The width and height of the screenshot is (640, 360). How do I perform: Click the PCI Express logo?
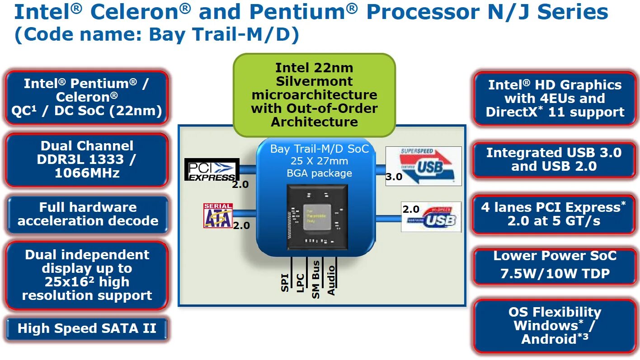click(x=211, y=170)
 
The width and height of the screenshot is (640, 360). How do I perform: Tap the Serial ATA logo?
click(x=218, y=215)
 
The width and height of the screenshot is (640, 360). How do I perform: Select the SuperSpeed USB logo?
click(x=424, y=166)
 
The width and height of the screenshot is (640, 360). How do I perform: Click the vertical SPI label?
click(x=285, y=282)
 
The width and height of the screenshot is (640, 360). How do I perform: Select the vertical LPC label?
click(x=301, y=283)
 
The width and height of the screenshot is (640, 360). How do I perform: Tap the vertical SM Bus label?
click(x=316, y=280)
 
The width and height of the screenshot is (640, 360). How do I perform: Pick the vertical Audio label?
click(x=331, y=281)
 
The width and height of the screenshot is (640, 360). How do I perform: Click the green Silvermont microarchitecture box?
click(x=314, y=95)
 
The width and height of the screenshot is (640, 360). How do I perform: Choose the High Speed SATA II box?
click(x=87, y=328)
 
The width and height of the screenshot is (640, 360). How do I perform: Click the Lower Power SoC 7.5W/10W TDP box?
click(x=555, y=265)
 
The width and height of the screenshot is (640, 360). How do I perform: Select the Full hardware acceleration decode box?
click(x=88, y=214)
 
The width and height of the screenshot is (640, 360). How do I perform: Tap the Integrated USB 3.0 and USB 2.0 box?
click(x=554, y=159)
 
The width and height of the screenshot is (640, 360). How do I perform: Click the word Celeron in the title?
click(x=135, y=13)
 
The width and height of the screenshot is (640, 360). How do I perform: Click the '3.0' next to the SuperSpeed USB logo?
click(x=394, y=177)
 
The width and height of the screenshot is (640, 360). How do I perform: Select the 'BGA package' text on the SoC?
click(x=319, y=173)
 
